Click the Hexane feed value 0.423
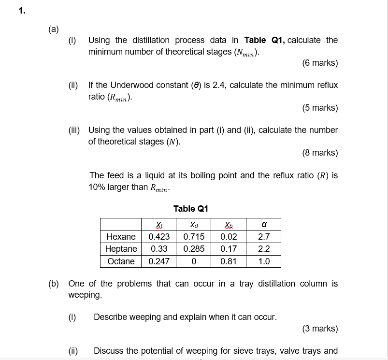point(159,237)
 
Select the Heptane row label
point(121,249)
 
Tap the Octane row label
point(121,261)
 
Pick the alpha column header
point(263,225)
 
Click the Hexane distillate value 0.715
point(194,237)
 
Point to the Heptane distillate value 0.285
point(194,249)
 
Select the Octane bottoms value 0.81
point(229,261)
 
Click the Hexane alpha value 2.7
point(264,237)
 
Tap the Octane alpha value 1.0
point(264,261)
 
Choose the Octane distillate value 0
point(194,261)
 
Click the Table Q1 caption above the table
point(191,209)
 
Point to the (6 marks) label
point(320,63)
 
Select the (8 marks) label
point(320,153)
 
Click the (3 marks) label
point(320,329)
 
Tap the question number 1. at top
point(22,12)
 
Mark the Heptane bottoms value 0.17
point(229,249)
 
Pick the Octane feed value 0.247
point(159,261)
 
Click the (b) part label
point(54,284)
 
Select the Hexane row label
point(121,237)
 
